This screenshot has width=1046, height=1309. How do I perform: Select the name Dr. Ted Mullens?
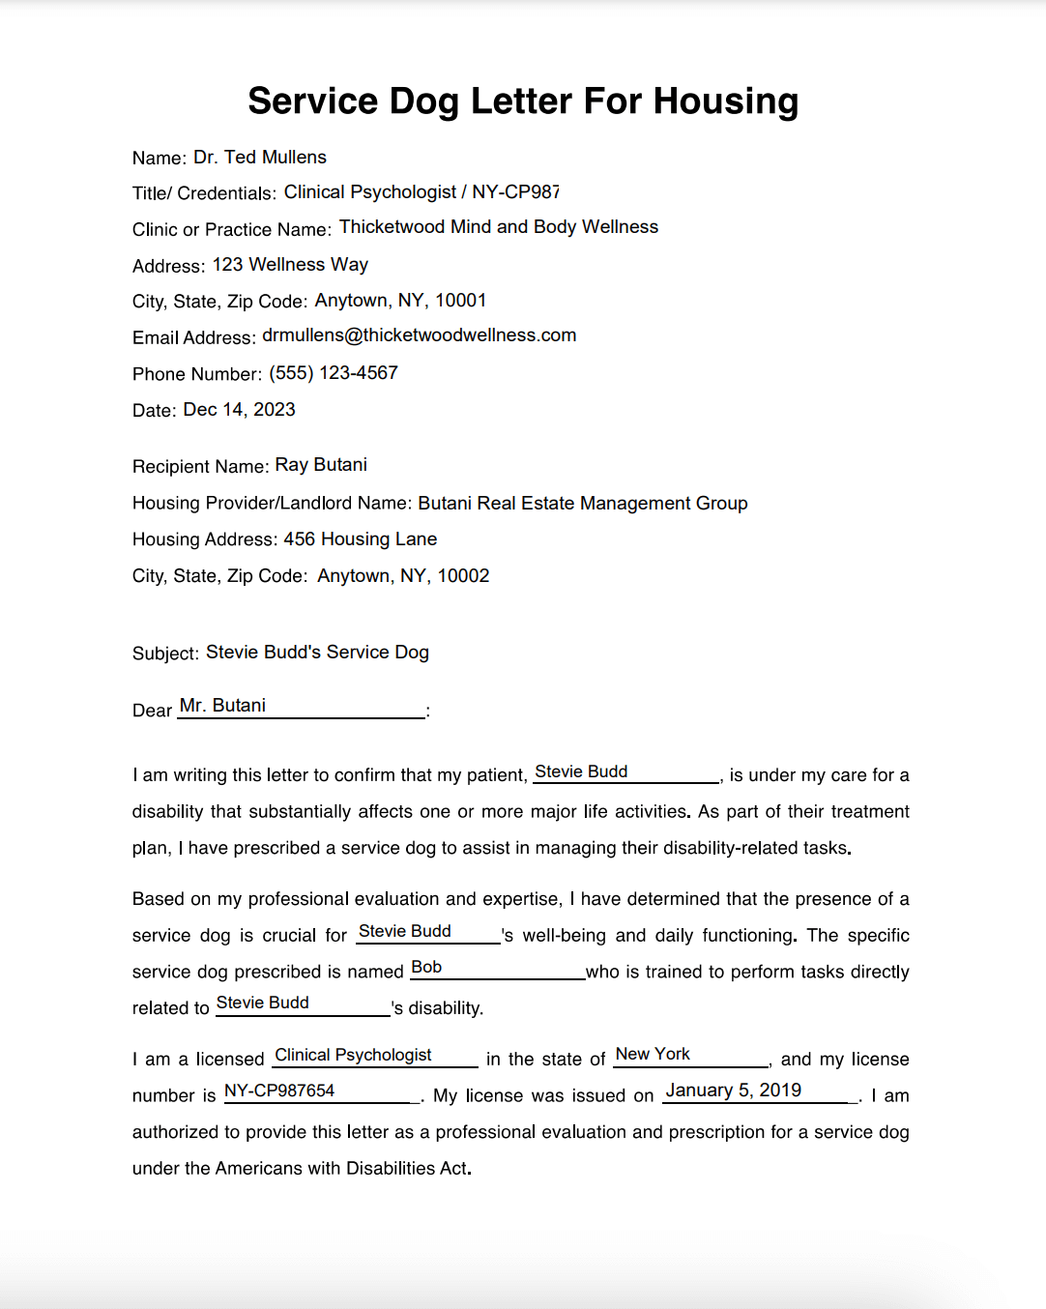coord(260,158)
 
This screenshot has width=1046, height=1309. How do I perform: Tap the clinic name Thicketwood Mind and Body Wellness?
coord(499,227)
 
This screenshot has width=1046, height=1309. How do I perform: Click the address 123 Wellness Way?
coord(290,265)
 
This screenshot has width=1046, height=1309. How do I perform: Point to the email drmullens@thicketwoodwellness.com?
coord(419,335)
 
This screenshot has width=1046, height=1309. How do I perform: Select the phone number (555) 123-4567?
coord(334,373)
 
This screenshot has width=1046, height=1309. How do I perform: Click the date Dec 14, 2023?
coord(239,410)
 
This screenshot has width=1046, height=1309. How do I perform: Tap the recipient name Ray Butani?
coord(321,465)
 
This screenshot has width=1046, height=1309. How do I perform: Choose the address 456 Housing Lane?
coord(360,539)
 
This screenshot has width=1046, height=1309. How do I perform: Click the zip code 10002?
coord(464,576)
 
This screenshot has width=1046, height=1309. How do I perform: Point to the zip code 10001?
coord(461,301)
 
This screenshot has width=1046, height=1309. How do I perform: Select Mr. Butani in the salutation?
coord(222,706)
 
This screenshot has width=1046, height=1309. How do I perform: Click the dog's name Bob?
coord(426,968)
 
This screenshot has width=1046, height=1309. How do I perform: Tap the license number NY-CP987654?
coord(279,1091)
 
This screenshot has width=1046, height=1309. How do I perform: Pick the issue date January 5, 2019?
coord(734,1091)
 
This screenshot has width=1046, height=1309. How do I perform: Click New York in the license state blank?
coord(653,1054)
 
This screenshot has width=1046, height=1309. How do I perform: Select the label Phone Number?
coord(197,374)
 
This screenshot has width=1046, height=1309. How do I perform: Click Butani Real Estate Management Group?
coord(583,504)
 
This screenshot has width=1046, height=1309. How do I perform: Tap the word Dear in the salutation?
coord(152,711)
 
